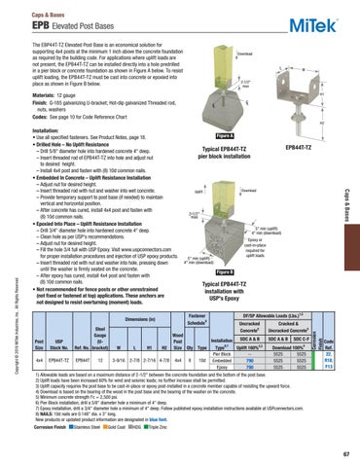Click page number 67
(340, 453)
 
